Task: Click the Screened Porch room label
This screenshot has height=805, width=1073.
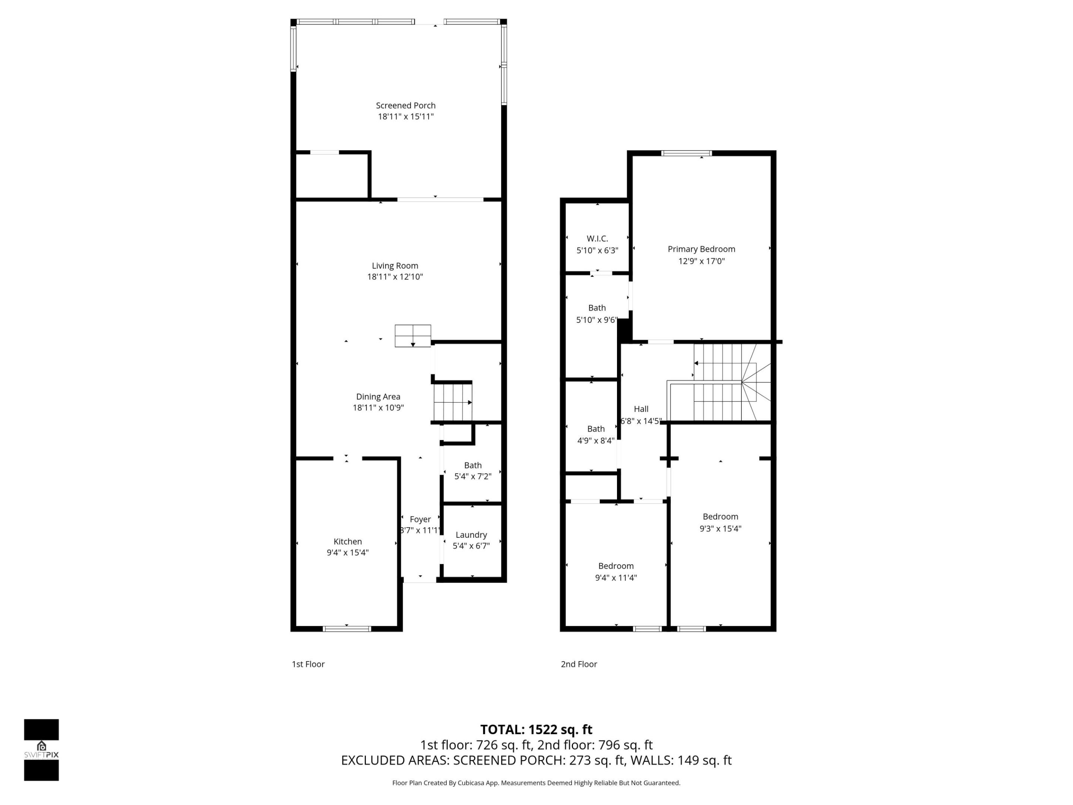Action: pyautogui.click(x=405, y=105)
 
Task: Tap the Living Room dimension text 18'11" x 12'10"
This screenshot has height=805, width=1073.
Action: pyautogui.click(x=395, y=277)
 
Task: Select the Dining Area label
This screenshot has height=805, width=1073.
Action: pyautogui.click(x=378, y=397)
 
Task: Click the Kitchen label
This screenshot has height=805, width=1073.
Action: pyautogui.click(x=347, y=542)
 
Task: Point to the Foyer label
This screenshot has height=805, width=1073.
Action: pyautogui.click(x=420, y=519)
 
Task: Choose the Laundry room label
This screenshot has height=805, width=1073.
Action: pyautogui.click(x=471, y=535)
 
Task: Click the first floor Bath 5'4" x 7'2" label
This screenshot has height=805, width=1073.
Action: pyautogui.click(x=472, y=465)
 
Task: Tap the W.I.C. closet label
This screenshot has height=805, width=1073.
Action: pyautogui.click(x=597, y=239)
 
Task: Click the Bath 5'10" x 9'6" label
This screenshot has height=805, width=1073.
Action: pyautogui.click(x=596, y=308)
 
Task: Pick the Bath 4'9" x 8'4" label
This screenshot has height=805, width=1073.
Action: pyautogui.click(x=596, y=429)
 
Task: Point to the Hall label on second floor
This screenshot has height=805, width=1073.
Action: pyautogui.click(x=641, y=409)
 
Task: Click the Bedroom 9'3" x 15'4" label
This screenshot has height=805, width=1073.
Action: pyautogui.click(x=720, y=517)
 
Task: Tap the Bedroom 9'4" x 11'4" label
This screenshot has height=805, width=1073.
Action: pyautogui.click(x=615, y=566)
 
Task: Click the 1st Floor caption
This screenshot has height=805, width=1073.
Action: pyautogui.click(x=308, y=664)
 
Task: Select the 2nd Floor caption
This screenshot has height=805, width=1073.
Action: pyautogui.click(x=579, y=664)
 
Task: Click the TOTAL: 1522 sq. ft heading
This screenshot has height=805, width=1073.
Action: pyautogui.click(x=536, y=730)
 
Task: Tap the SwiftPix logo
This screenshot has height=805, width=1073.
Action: pyautogui.click(x=41, y=750)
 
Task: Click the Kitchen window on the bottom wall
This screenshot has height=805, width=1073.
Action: pyautogui.click(x=347, y=629)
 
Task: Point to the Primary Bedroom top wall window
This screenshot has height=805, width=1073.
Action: pyautogui.click(x=686, y=153)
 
